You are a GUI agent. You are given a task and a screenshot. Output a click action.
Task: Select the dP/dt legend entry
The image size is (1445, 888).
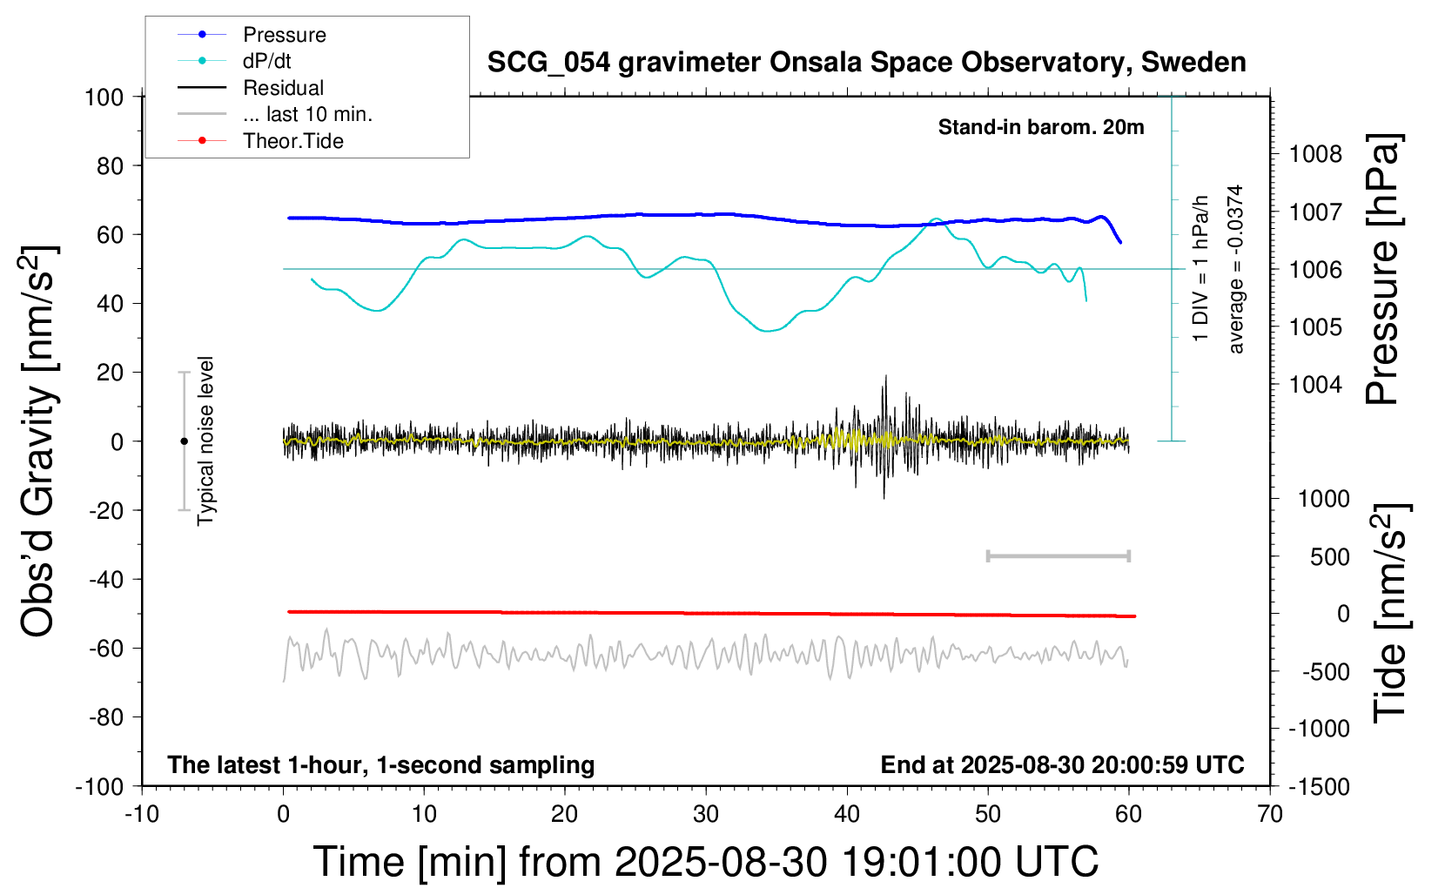point(266,61)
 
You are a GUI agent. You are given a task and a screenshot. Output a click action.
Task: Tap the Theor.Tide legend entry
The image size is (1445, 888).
point(292,141)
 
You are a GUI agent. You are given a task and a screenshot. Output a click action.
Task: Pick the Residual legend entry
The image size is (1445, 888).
point(283,88)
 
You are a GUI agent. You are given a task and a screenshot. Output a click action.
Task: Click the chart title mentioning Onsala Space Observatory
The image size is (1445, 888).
point(866,63)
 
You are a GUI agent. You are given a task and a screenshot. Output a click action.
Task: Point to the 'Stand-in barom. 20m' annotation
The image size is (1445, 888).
point(1040,127)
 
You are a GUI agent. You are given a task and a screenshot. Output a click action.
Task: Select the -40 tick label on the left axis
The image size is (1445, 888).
point(105,579)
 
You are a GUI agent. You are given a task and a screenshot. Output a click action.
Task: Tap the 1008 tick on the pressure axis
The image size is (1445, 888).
point(1315,155)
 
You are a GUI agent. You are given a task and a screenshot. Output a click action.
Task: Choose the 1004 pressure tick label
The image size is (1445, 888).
point(1315,385)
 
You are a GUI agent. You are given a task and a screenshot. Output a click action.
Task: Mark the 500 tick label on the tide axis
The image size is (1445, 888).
point(1329,557)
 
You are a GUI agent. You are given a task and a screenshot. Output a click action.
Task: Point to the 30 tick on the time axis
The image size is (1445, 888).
point(706,815)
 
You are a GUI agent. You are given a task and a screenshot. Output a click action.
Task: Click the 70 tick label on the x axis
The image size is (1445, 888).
point(1270,815)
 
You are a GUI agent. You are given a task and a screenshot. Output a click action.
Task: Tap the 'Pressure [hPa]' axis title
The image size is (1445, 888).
point(1382,270)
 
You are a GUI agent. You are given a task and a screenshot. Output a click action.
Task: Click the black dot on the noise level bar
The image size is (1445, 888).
point(184,441)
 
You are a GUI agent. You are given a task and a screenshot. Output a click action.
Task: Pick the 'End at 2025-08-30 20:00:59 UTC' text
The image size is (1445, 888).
point(1062,765)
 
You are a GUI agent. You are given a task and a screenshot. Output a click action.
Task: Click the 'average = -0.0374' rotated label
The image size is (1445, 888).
point(1235,270)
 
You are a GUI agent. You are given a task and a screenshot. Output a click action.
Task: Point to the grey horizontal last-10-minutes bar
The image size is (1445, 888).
point(1058,556)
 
